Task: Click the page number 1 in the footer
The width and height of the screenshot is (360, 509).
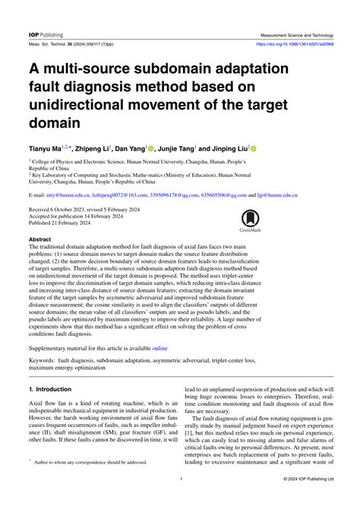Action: tap(180, 480)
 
